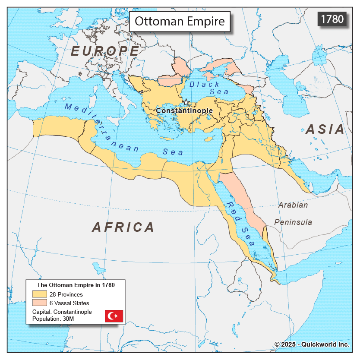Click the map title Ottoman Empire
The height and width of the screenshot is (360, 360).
(x=180, y=21)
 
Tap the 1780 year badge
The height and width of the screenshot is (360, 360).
(x=332, y=19)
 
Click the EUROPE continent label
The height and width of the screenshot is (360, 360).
(x=105, y=51)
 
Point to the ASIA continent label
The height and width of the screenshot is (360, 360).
(x=325, y=129)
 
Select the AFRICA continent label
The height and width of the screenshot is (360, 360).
(x=123, y=227)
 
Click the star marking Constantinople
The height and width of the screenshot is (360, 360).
(x=186, y=102)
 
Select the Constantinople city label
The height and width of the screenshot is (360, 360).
(x=184, y=111)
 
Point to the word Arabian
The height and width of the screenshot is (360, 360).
(x=293, y=205)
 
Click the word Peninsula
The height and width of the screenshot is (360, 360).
(x=293, y=222)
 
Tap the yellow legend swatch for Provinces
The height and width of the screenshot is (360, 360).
(x=38, y=294)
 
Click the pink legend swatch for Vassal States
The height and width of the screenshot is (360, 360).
(x=38, y=303)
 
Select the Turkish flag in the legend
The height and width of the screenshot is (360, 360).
(x=114, y=316)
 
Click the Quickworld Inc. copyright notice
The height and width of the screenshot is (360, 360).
(x=311, y=344)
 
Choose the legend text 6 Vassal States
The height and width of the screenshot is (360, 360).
(x=69, y=303)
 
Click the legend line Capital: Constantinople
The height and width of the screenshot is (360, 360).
(x=62, y=312)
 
